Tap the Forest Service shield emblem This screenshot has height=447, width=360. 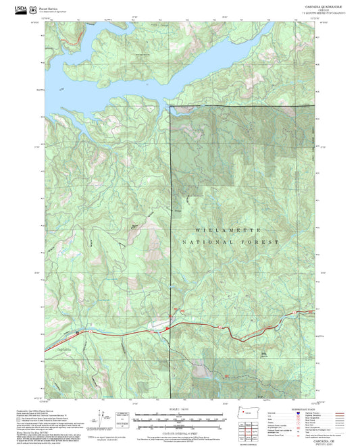point(33,8)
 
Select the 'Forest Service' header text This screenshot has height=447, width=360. point(49,6)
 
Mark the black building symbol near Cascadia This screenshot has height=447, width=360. point(79,332)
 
